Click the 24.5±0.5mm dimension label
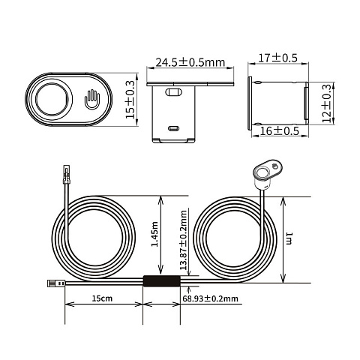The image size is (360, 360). (x=190, y=62)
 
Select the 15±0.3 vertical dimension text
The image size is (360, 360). (x=130, y=100)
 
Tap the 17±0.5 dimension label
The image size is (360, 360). (x=277, y=58)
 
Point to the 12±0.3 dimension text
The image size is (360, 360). (x=327, y=103)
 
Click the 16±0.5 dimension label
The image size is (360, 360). (x=280, y=130)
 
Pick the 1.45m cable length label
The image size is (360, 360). (x=155, y=234)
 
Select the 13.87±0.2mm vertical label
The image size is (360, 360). (x=184, y=240)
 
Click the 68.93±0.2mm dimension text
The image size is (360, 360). (x=210, y=298)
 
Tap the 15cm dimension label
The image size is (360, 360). (x=102, y=298)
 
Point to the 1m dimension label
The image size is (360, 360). (x=289, y=238)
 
